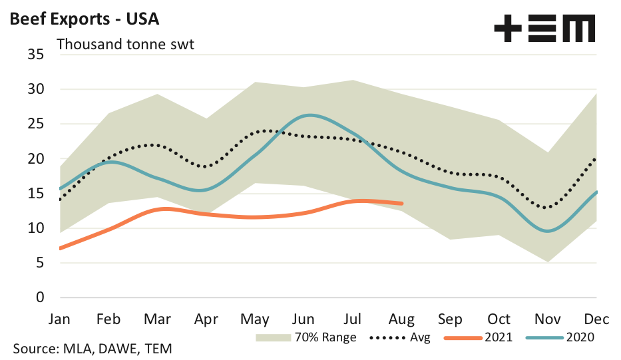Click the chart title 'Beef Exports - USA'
84,18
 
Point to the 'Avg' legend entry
420,337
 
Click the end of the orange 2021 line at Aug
402,203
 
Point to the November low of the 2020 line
547,231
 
